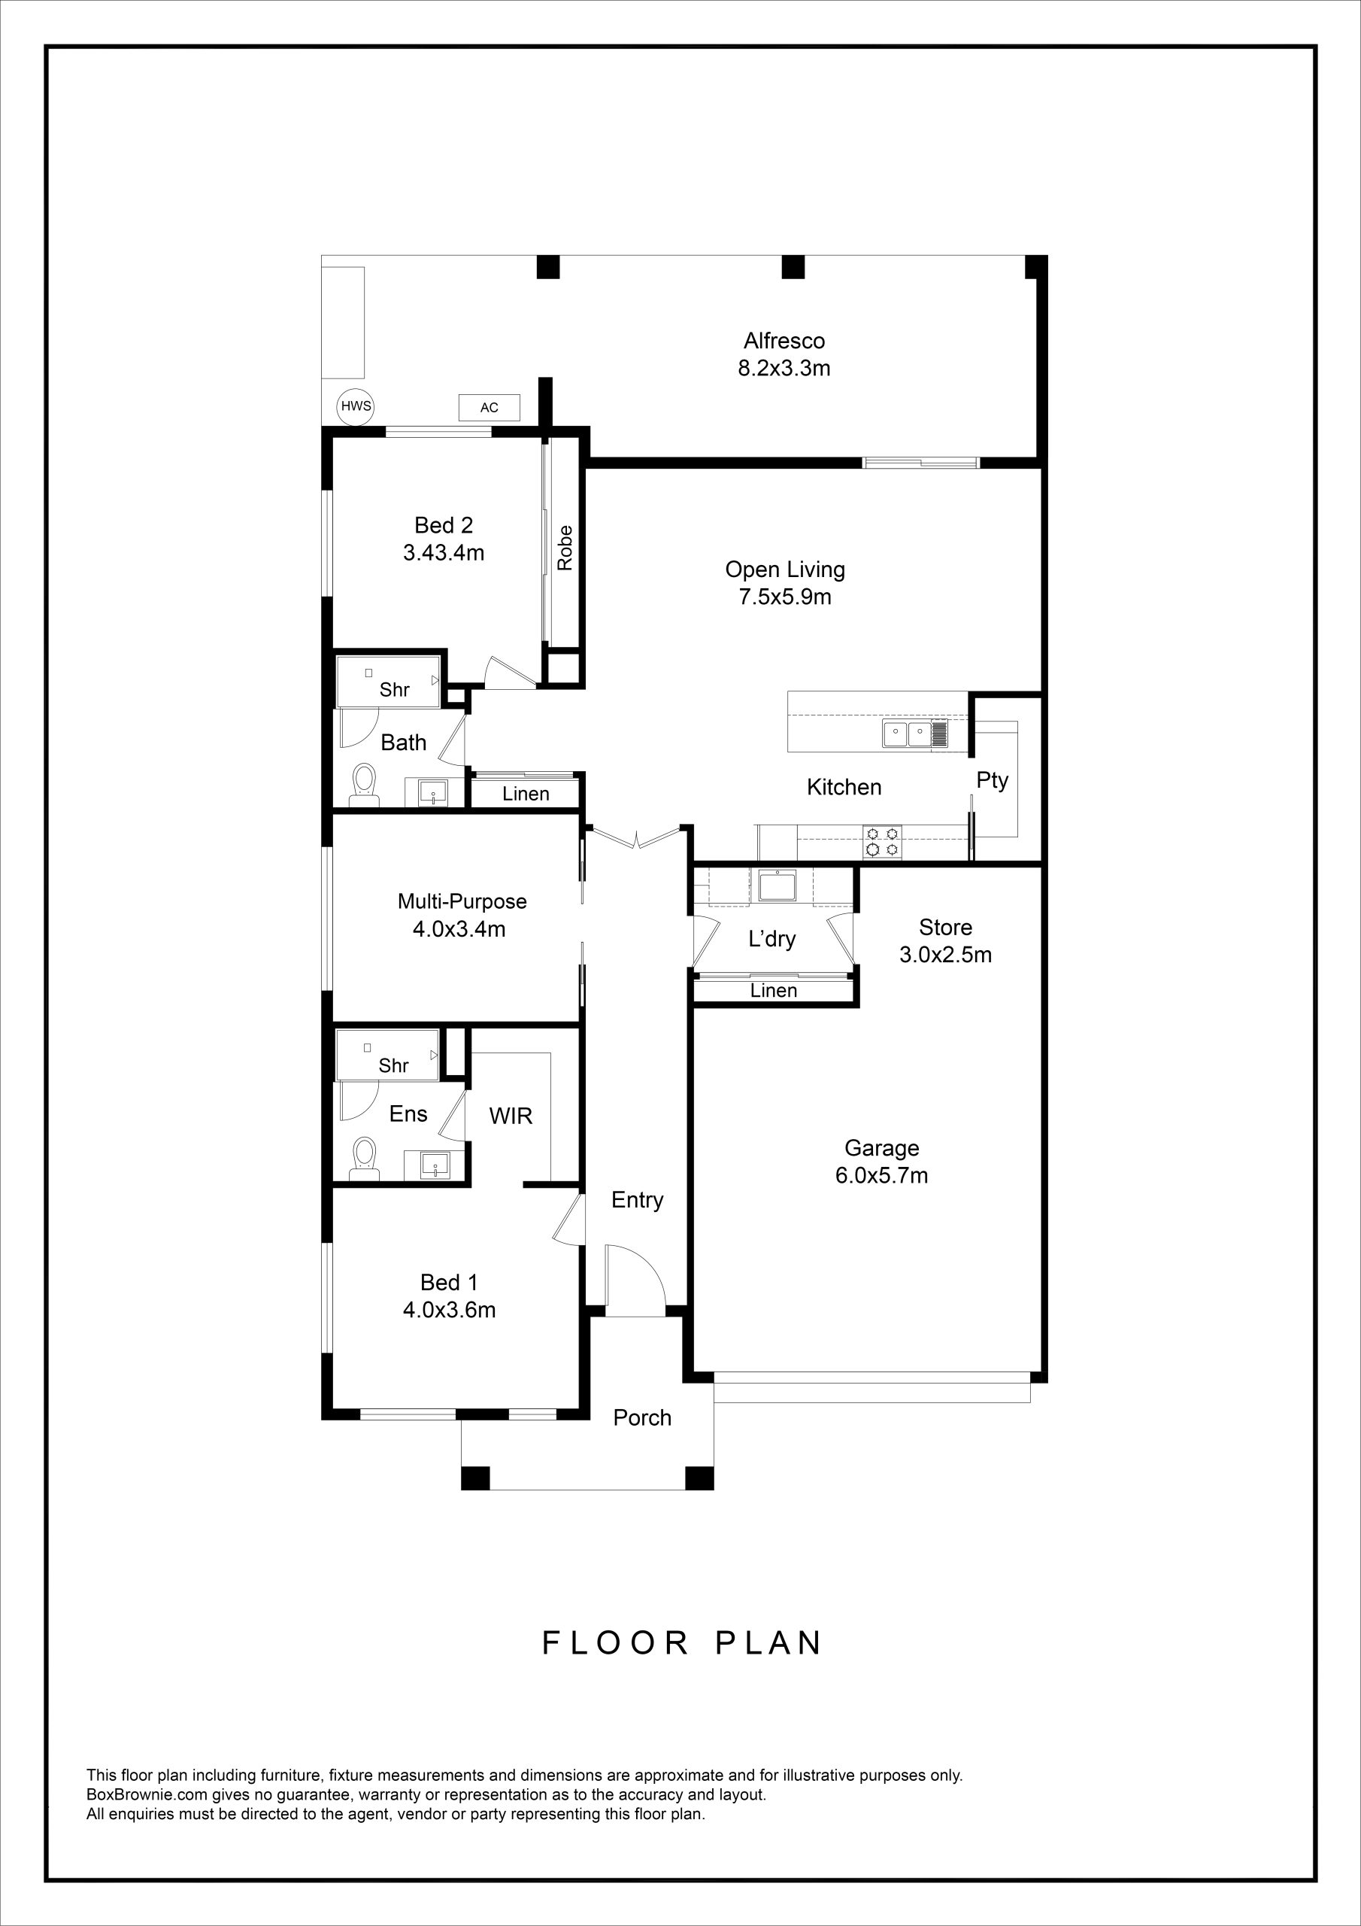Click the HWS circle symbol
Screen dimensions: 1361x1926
coord(356,407)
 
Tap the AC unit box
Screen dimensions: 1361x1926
coord(489,408)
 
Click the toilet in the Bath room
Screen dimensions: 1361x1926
coord(363,785)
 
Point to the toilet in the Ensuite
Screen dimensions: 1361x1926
coord(364,1159)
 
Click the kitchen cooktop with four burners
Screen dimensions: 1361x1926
coord(883,841)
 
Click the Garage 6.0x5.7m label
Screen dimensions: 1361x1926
coord(881,1161)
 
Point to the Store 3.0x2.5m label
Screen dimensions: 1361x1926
coord(946,940)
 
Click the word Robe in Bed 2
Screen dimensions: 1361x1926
coord(565,547)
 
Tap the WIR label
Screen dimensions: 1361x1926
coord(511,1116)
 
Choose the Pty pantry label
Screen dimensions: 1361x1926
coord(992,781)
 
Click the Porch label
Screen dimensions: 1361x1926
coord(642,1417)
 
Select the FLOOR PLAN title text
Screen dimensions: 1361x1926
coord(682,1642)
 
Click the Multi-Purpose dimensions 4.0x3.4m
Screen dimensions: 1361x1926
coord(459,929)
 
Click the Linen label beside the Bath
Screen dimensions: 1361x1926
coord(526,794)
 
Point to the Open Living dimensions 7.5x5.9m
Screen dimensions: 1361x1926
coord(786,597)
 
